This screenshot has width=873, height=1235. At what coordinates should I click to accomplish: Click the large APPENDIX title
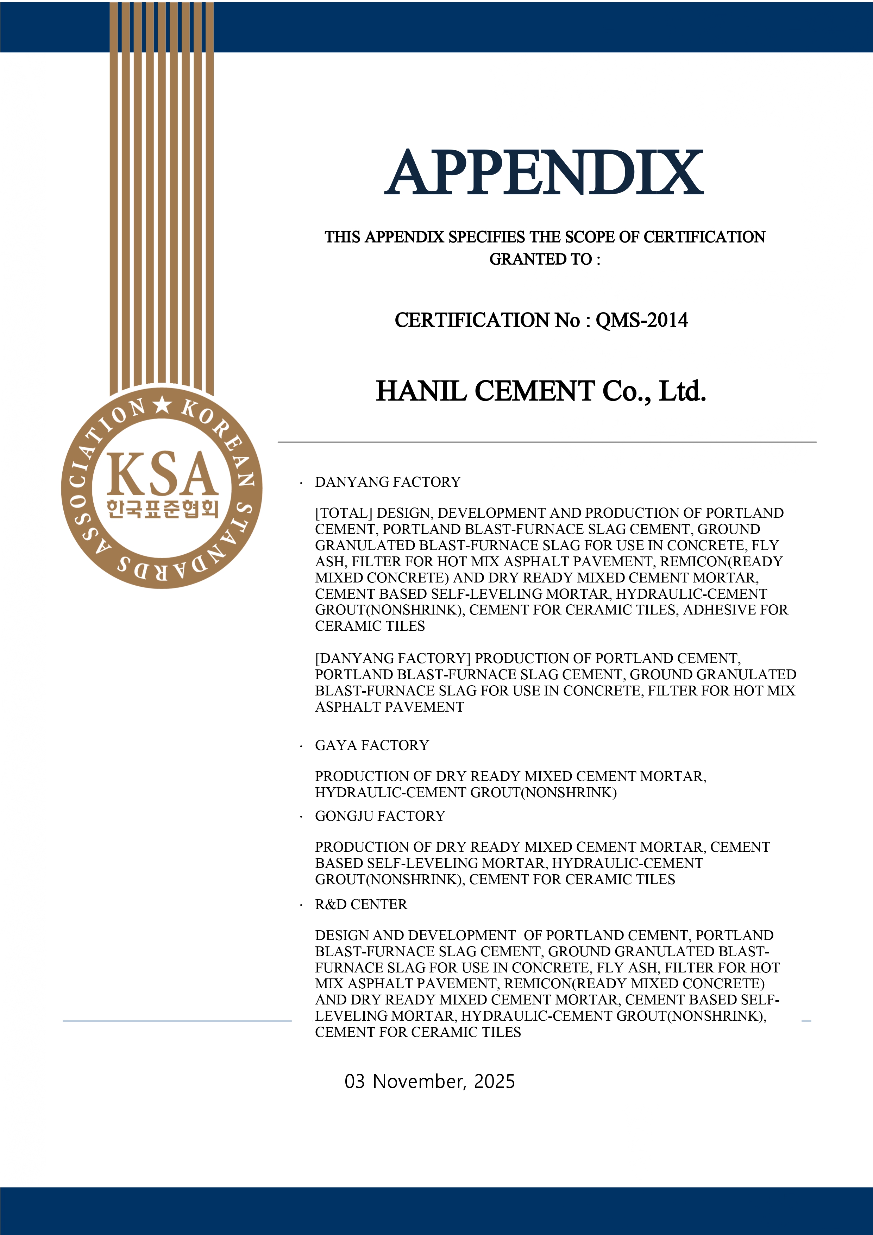point(543,173)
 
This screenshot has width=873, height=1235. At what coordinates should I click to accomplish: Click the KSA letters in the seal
point(162,474)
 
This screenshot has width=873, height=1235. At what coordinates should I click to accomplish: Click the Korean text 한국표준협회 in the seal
point(162,508)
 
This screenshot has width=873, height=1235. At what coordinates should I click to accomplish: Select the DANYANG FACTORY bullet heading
point(387,482)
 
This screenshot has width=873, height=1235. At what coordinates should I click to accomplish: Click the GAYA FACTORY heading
point(372,745)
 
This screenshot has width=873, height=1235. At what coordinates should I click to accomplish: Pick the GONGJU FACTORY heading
point(380,816)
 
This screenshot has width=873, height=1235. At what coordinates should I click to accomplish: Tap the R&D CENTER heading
point(361,904)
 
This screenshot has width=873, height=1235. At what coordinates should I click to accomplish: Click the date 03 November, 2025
point(429,1081)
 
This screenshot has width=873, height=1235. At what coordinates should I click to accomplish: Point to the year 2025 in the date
point(494,1081)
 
